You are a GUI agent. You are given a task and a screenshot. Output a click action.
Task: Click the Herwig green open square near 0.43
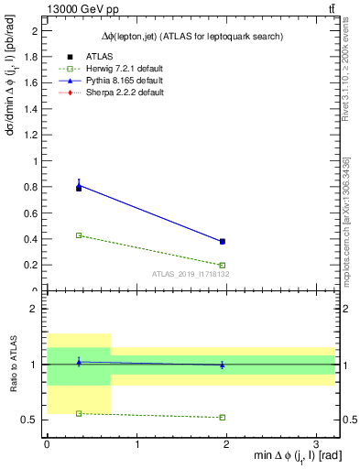79,235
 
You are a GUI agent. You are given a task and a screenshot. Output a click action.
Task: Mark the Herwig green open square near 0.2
223,265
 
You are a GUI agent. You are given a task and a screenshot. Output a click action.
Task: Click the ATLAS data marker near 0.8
79,187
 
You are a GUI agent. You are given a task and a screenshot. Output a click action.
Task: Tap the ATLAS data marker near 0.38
223,242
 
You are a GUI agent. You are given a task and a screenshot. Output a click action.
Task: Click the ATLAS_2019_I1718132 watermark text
190,274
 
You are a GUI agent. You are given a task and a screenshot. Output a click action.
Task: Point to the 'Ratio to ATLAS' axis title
12,364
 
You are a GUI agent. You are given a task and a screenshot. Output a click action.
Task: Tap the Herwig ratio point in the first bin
79,413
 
